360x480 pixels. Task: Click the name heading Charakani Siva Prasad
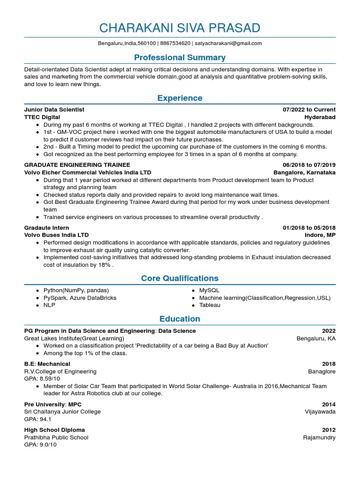coord(180,28)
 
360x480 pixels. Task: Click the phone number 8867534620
coord(175,44)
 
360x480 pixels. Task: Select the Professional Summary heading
coord(180,58)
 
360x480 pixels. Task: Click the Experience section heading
coord(180,98)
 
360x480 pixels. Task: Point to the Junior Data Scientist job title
coord(54,110)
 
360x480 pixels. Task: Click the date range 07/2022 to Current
coord(309,110)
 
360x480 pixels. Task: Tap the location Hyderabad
coord(320,117)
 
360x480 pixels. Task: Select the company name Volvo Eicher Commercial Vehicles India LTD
coord(88,172)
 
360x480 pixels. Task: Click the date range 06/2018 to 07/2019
coord(309,165)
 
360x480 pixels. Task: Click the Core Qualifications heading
coord(180,278)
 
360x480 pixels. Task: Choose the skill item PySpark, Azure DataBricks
coord(80,298)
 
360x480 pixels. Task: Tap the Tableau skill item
coord(210,305)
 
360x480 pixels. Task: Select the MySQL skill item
coord(209,291)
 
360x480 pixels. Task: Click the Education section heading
coord(180,319)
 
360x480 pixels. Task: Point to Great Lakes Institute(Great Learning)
coord(74,338)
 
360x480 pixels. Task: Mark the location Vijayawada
coord(320,412)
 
